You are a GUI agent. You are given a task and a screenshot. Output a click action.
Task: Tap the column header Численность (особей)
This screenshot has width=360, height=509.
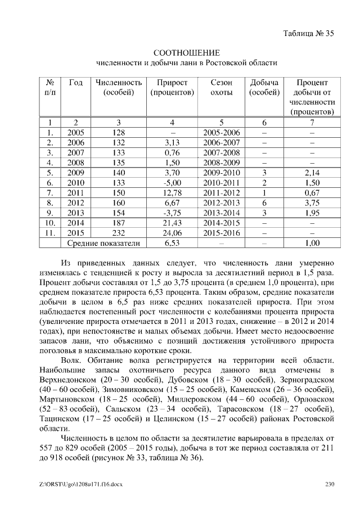pos(118,87)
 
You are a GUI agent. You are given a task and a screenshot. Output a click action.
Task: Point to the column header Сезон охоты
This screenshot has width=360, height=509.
pos(221,87)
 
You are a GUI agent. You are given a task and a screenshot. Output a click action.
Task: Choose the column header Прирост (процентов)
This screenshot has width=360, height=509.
pos(172,87)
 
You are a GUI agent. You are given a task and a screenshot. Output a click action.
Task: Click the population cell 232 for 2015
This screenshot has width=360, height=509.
pos(118,233)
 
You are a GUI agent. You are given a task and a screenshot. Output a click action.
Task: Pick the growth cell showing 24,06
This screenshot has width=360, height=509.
pos(172,233)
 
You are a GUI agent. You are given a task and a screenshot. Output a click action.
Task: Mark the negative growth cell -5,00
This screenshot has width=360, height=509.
pos(172,183)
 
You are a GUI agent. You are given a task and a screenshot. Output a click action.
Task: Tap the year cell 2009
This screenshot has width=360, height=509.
pos(75,173)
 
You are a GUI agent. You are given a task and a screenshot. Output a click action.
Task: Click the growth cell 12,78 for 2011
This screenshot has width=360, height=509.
pos(172,193)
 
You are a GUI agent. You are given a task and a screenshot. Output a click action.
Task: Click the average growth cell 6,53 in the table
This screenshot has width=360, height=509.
pos(172,243)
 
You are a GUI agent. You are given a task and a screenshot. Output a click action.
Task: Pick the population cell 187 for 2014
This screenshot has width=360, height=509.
pos(118,223)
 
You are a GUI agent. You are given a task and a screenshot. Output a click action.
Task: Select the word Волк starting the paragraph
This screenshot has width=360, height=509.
pos(73,359)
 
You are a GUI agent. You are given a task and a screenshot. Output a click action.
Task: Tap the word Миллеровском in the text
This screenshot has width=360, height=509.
pos(194,399)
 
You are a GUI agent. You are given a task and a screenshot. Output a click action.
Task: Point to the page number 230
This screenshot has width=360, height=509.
pos(330,483)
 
